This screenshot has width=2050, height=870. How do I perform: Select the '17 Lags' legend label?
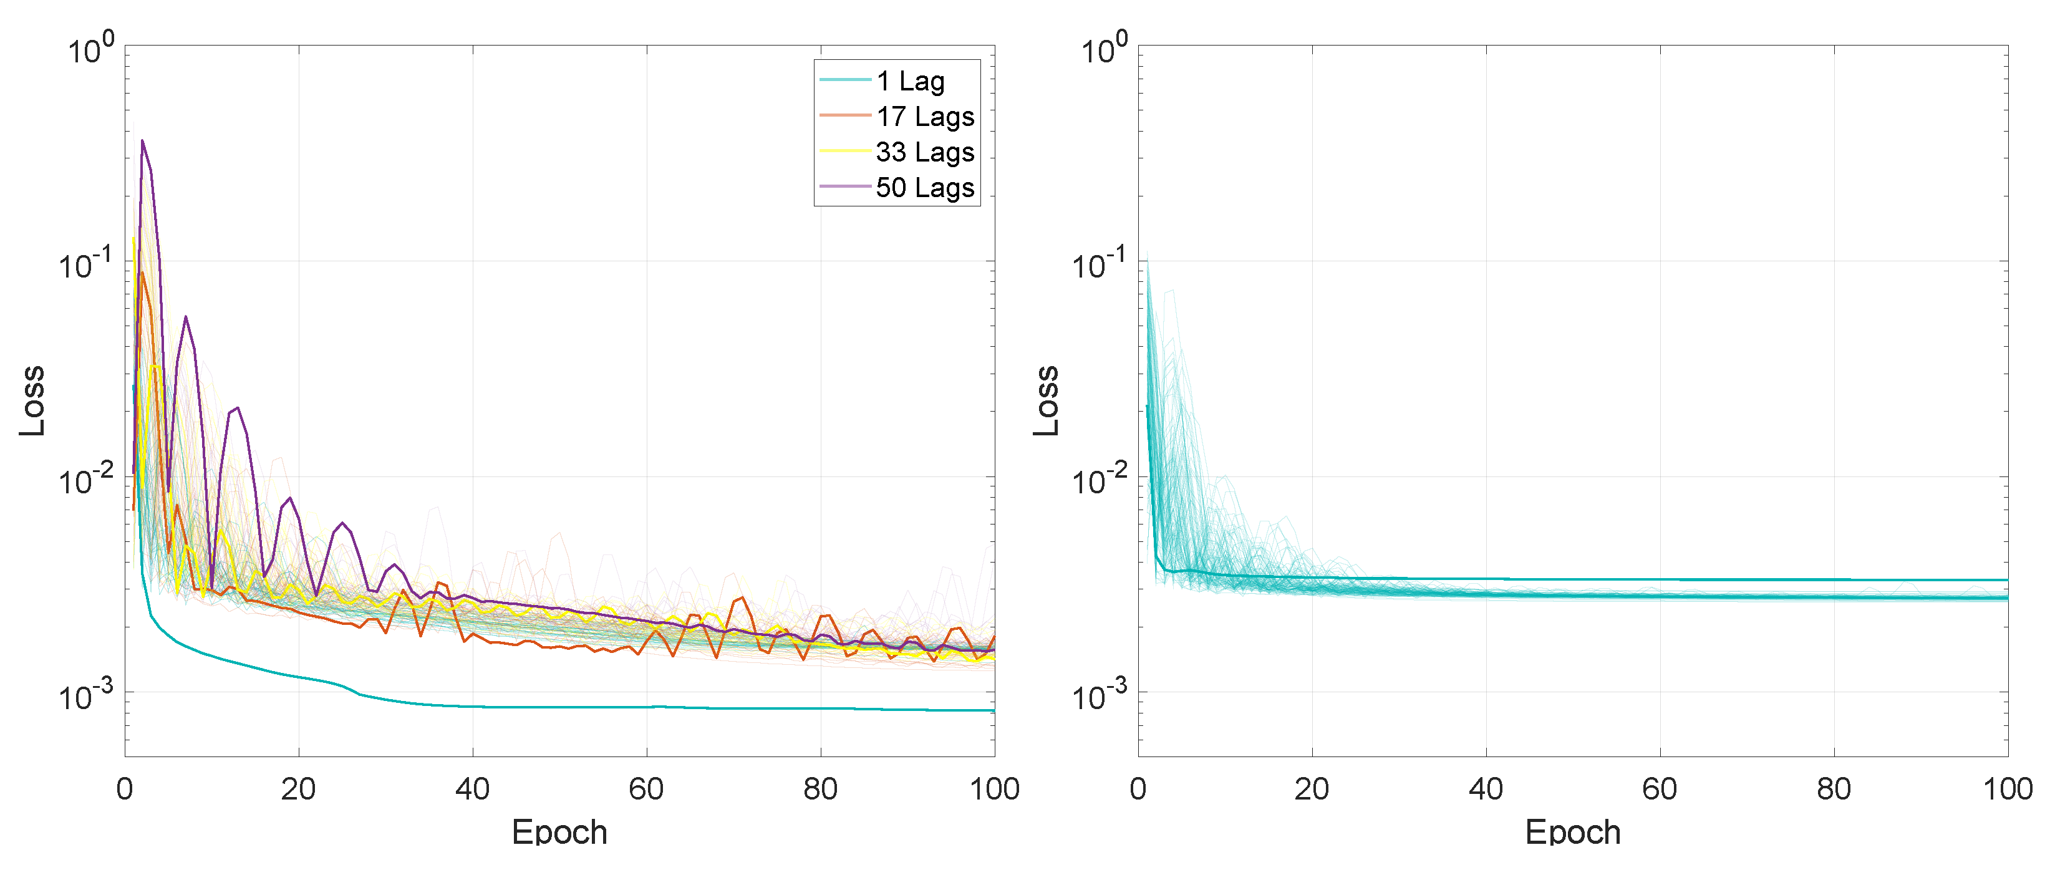tap(925, 117)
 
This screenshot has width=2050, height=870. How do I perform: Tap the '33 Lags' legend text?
tap(925, 152)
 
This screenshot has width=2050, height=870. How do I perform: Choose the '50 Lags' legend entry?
tap(925, 188)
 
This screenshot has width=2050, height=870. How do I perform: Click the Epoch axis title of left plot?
tap(559, 832)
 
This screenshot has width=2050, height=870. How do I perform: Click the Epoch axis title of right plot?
tap(1572, 832)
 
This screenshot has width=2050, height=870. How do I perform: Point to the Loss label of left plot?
tap(32, 400)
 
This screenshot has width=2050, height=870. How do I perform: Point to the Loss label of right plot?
tap(1047, 400)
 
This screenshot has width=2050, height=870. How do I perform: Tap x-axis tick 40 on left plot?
tap(473, 789)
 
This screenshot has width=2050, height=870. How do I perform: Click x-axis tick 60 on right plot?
tap(1660, 789)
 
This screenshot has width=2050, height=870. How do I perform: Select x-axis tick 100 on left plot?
tap(994, 789)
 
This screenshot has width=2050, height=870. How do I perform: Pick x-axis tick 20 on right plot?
tap(1312, 789)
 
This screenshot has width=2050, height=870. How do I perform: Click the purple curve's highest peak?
tap(142, 141)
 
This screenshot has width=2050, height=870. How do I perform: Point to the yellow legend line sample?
tap(844, 151)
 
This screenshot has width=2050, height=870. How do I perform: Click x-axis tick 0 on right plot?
tap(1138, 789)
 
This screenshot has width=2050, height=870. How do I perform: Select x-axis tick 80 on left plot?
tap(821, 789)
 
